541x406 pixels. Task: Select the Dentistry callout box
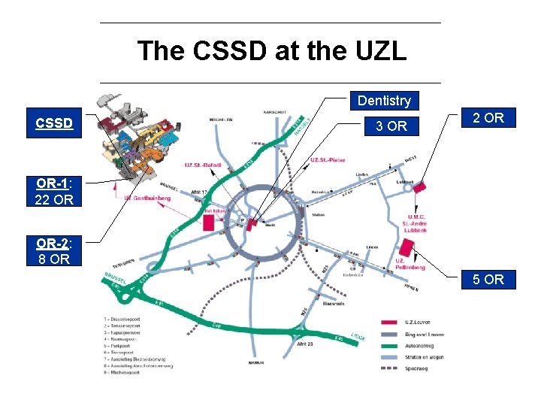click(x=384, y=101)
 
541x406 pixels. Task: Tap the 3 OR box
click(x=391, y=126)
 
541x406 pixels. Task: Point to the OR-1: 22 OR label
click(x=54, y=191)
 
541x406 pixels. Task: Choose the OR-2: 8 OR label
click(x=54, y=251)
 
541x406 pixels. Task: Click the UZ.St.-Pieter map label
click(x=328, y=159)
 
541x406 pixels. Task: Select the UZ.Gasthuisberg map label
click(x=147, y=198)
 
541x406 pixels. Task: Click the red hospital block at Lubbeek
click(x=419, y=186)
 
